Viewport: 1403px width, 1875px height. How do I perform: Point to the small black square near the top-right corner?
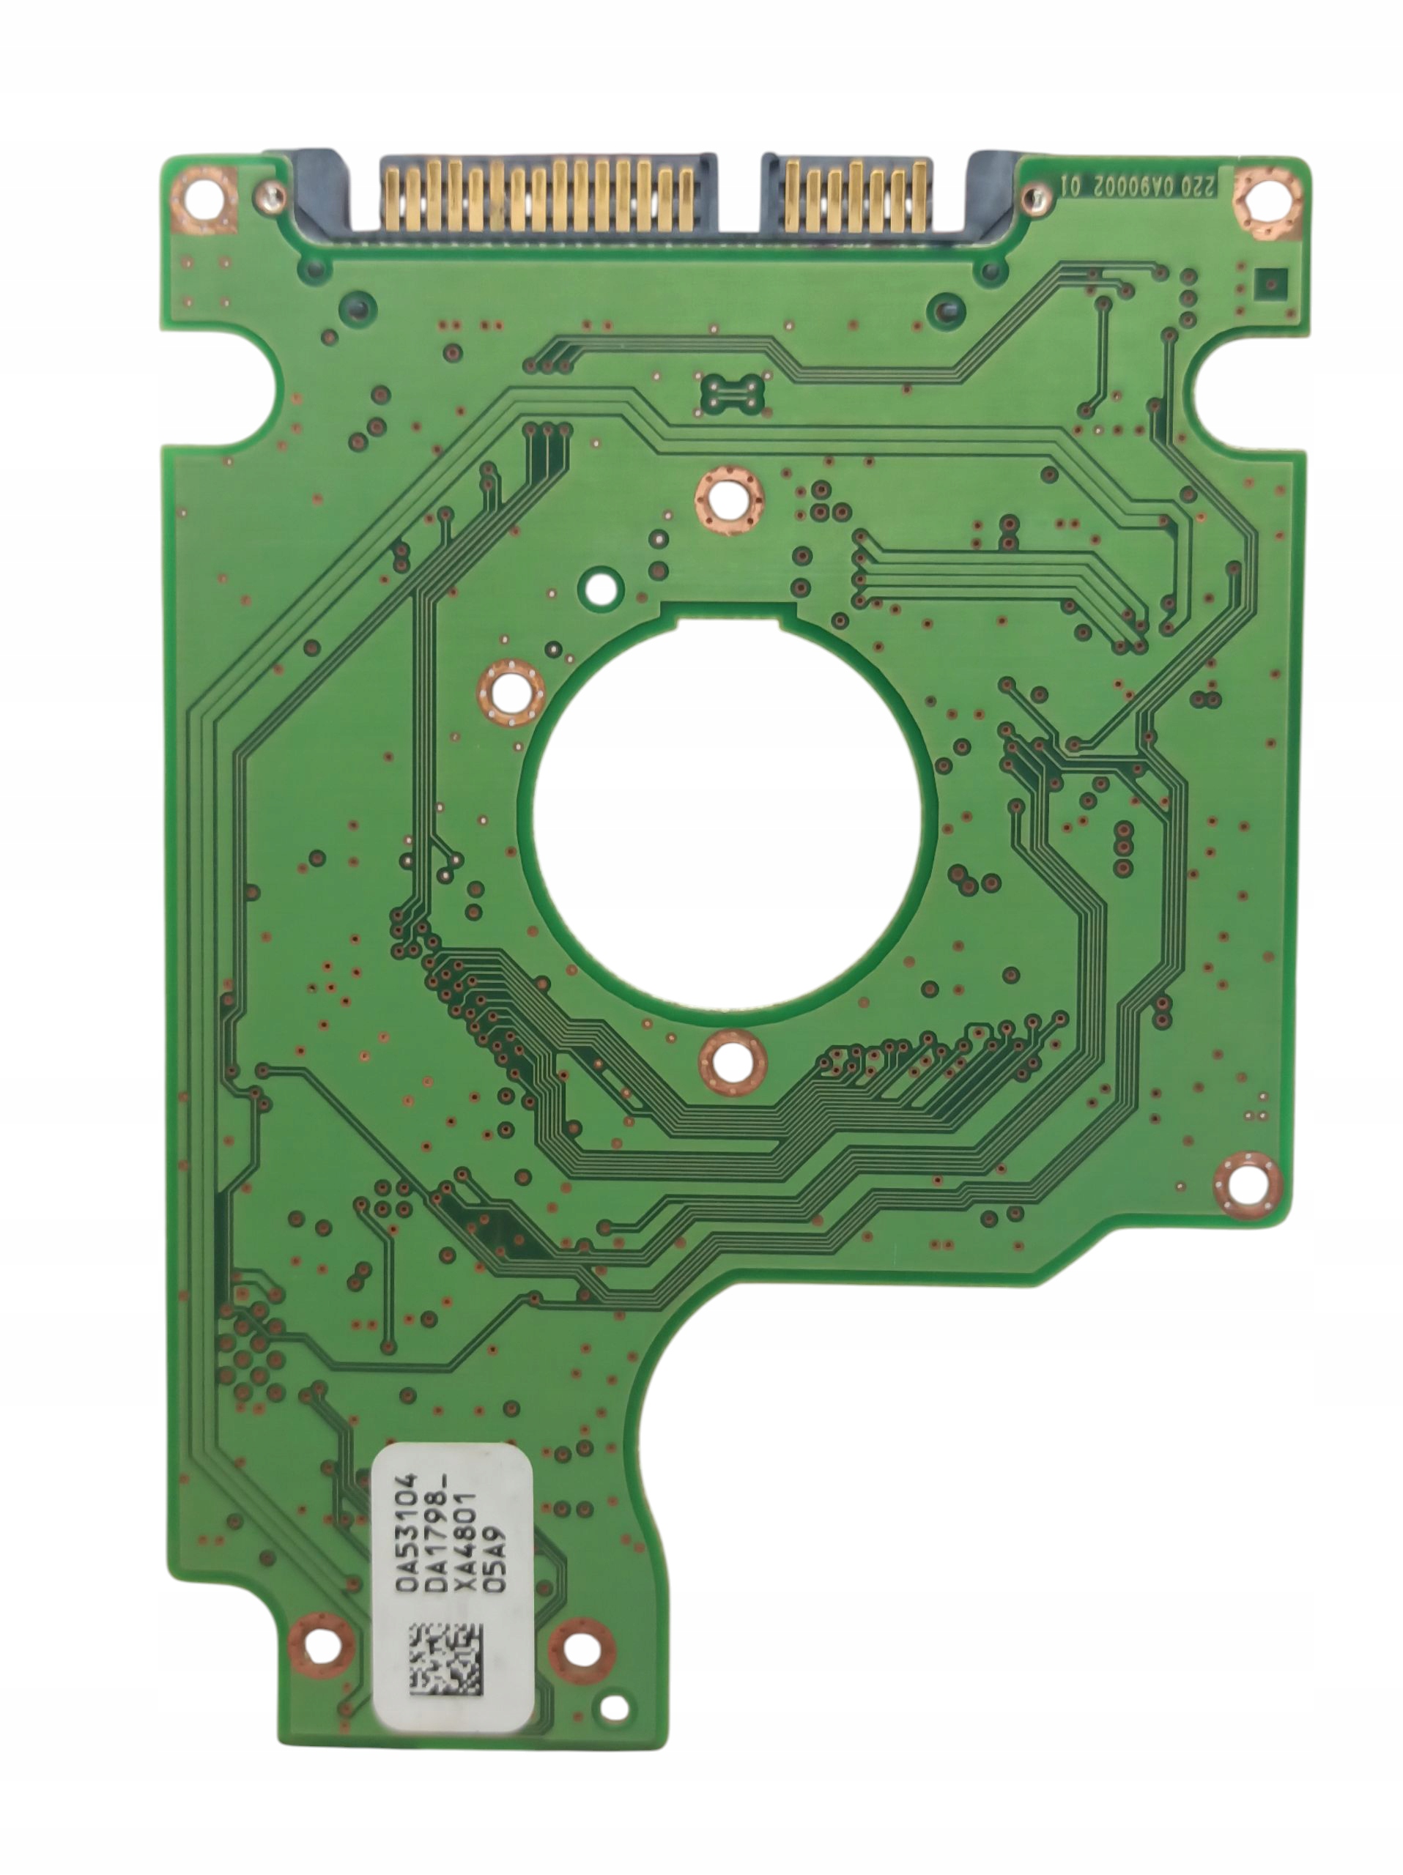click(1269, 281)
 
